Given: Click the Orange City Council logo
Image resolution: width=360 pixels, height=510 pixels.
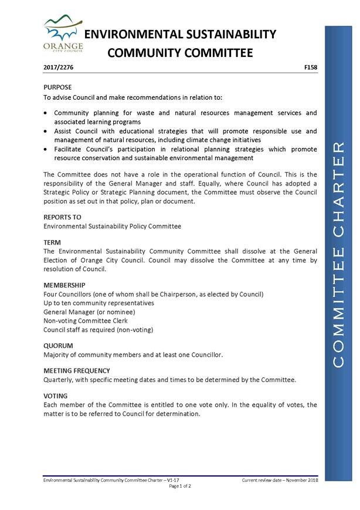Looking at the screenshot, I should tap(62, 35).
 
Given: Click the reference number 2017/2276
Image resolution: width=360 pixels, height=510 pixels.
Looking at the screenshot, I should tap(59, 68).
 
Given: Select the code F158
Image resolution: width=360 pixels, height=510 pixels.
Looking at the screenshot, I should tap(311, 68).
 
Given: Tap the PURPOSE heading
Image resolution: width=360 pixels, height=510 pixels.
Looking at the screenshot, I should tap(57, 87).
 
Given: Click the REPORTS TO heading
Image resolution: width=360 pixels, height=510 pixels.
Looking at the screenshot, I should tap(62, 217).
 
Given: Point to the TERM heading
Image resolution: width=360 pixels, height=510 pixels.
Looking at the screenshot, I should tap(52, 242).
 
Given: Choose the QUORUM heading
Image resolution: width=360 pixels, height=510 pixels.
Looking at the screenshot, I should tap(58, 346).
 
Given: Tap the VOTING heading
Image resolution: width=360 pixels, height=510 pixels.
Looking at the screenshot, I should tap(56, 396).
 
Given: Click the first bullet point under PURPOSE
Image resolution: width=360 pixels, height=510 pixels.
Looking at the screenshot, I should tap(46, 113).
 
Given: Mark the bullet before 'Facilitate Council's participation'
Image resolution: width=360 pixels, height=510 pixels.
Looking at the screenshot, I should tap(46, 150).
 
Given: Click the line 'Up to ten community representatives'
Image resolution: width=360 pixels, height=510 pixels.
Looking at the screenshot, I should tap(99, 303).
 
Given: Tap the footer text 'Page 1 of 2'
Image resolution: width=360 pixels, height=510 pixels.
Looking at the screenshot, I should tap(180, 487).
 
